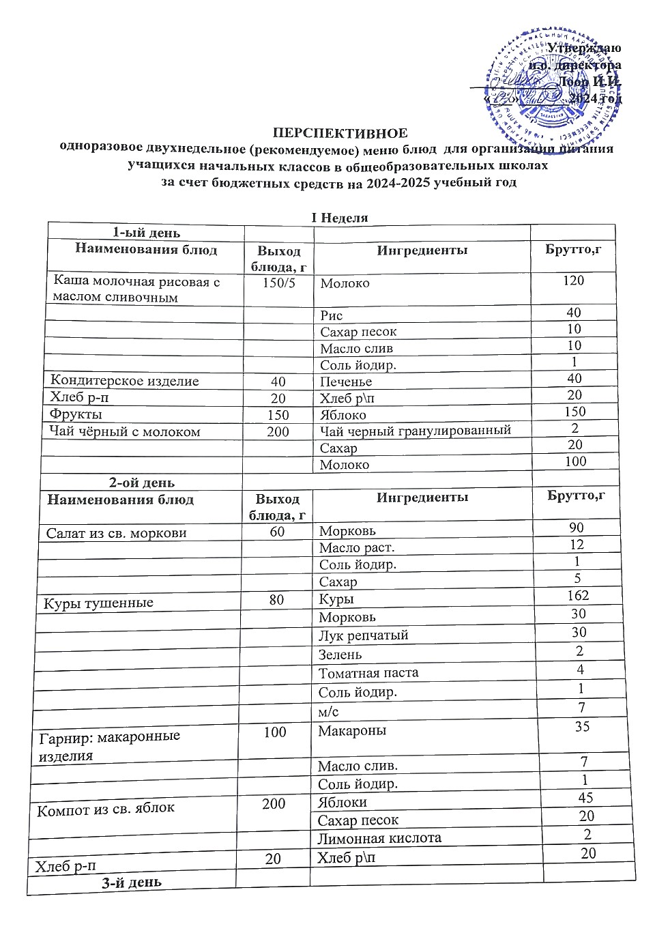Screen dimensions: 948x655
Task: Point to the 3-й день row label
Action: coord(131,882)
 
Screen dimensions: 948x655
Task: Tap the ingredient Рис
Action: coord(332,315)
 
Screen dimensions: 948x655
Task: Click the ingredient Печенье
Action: coord(346,382)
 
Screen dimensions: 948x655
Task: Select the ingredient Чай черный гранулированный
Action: coord(415,431)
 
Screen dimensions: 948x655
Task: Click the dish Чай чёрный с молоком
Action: coord(125,431)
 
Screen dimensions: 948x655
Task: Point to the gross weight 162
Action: coord(577,595)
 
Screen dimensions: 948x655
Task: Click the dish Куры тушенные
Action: coord(98,603)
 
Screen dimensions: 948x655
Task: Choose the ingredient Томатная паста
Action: coord(368,673)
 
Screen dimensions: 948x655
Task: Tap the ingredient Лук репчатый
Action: coord(363,635)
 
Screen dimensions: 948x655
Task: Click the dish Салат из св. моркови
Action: coord(117,533)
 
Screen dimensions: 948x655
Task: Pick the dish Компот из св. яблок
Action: coord(106,809)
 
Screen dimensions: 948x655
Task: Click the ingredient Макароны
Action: coord(351,731)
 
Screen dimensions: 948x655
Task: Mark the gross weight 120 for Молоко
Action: coord(574,280)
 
